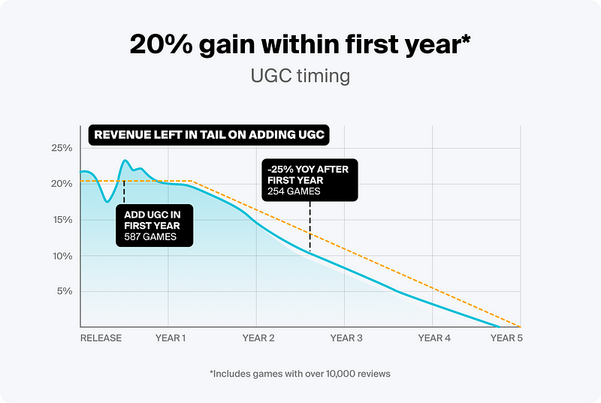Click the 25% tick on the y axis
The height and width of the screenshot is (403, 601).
[x=62, y=148]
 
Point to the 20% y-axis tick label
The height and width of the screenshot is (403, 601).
[x=62, y=184]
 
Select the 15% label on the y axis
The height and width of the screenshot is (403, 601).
[x=62, y=220]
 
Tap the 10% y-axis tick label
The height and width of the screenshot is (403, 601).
[x=62, y=256]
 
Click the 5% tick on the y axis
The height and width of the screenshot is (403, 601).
[x=65, y=291]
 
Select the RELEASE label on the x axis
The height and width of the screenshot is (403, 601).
[x=101, y=338]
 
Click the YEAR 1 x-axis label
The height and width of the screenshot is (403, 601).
[x=171, y=338]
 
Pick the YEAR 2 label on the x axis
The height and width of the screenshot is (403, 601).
[x=258, y=338]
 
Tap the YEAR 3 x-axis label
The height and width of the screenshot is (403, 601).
[x=346, y=338]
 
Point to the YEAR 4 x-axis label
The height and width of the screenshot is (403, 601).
[x=434, y=338]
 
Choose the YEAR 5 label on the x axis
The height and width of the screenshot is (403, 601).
[x=506, y=338]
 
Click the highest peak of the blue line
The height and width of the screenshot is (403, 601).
[x=125, y=161]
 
